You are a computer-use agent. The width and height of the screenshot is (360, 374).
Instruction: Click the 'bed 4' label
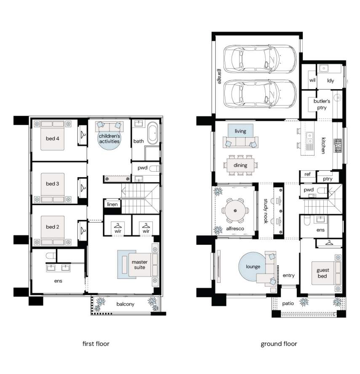53,138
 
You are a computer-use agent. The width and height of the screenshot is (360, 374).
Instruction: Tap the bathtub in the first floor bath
153,133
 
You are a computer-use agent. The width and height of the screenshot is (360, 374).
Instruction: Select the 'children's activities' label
109,138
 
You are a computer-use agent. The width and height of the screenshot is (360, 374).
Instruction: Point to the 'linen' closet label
112,204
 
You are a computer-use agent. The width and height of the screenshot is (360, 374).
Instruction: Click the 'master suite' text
140,265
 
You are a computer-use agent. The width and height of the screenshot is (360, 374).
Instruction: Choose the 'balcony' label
125,304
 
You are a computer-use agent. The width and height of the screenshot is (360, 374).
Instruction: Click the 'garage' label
219,76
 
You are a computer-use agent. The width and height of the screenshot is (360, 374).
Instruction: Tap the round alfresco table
235,211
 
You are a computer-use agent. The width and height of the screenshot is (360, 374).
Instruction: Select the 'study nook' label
266,211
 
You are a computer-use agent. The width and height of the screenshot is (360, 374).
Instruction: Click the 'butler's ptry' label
322,104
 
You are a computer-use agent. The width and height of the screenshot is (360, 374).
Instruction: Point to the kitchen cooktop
338,146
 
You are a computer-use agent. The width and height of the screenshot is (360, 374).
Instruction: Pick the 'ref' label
307,174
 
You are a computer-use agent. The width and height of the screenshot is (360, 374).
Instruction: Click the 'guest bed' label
323,273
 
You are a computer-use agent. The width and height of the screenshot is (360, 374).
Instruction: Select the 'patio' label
288,303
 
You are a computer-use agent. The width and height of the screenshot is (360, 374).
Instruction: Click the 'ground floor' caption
279,344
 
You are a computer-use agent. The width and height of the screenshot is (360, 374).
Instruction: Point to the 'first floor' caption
96,344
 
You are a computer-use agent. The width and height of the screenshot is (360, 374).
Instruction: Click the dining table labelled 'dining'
240,165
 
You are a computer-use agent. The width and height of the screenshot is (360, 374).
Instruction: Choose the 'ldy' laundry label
331,81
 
